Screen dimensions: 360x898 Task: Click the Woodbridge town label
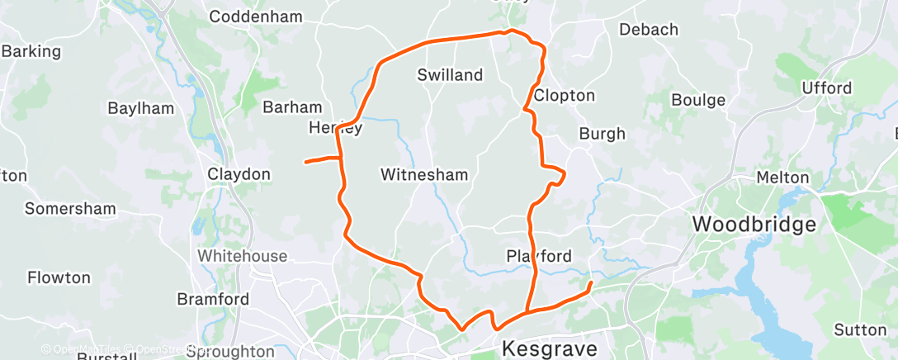pos(754,224)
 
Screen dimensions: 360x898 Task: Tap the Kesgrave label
pos(549,348)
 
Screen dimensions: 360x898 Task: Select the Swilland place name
pos(450,75)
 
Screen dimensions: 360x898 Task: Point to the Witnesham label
pos(424,174)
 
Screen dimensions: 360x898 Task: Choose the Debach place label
pos(648,30)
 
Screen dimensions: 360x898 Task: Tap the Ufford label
pos(826,88)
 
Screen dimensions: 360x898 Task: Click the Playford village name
pos(539,256)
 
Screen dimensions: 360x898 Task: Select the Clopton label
pos(565,96)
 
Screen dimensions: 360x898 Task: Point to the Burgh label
pos(602,134)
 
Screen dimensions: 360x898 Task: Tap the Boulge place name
pos(697,101)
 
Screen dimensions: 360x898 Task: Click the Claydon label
pos(239,174)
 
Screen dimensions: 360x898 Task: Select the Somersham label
pos(70,209)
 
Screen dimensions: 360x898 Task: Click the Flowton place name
pos(59,277)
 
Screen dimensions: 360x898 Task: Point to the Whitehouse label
pos(243,256)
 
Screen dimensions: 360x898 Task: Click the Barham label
pos(291,107)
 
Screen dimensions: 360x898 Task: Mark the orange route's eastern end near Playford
pos(591,283)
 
